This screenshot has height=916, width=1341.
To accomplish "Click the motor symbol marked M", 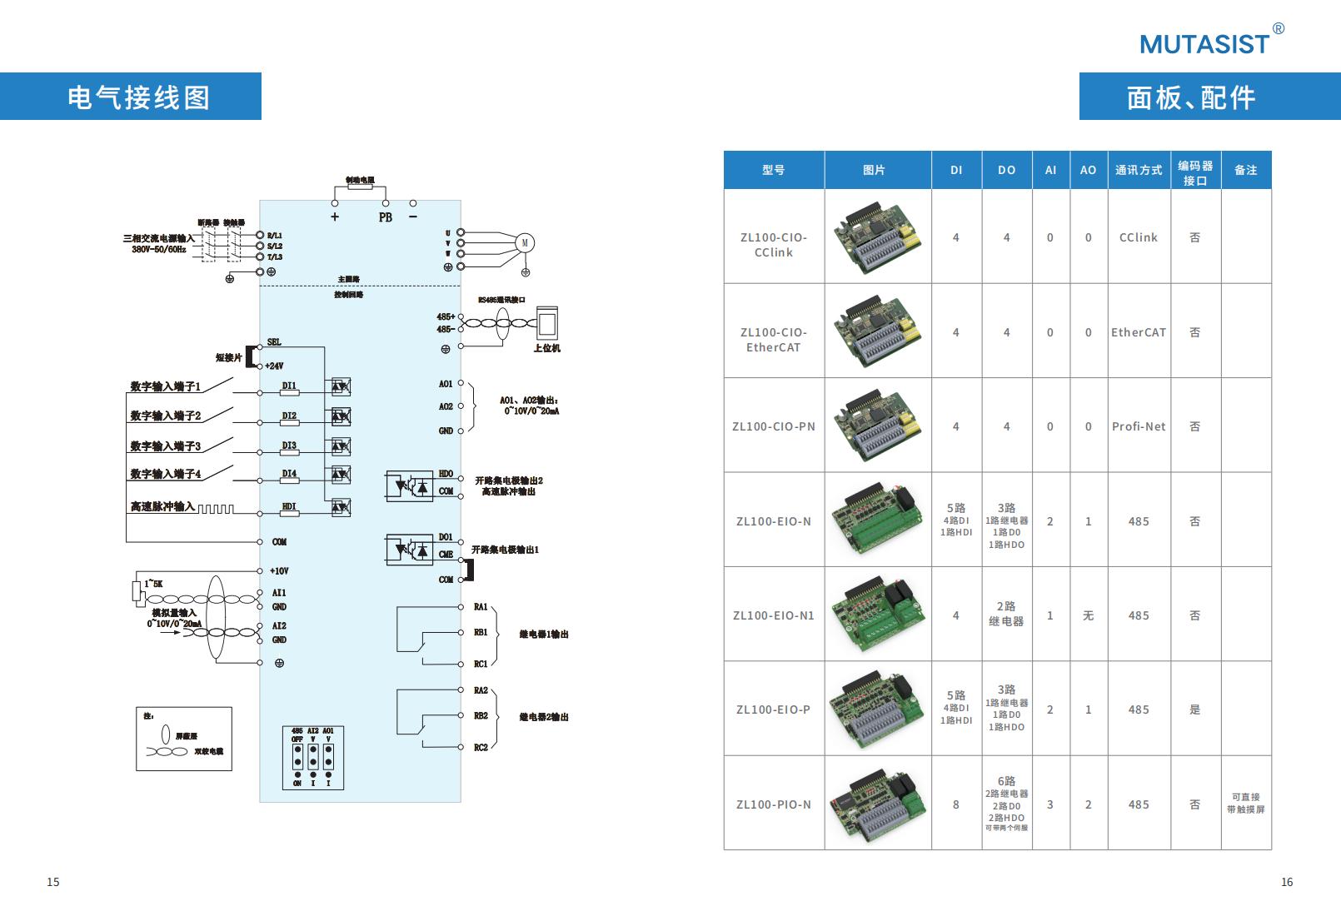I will click(x=525, y=243).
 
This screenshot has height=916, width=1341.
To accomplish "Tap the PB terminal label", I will click(x=386, y=217).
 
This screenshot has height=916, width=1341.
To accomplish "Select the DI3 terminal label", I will click(x=289, y=446).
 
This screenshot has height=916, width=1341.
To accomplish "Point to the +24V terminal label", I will click(x=275, y=366).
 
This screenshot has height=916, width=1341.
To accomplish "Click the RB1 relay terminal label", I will click(x=481, y=632).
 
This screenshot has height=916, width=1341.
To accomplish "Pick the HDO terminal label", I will click(x=446, y=474).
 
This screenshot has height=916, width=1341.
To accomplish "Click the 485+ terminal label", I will click(x=446, y=316).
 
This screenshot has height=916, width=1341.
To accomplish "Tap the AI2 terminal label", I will click(x=279, y=625).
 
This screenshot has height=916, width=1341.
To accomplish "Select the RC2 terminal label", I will click(x=481, y=747).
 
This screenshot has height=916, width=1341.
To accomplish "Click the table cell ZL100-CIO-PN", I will click(x=773, y=426).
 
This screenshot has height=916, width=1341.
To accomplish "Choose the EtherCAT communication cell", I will click(x=1138, y=332).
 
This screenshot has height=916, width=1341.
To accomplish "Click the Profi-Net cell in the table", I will click(x=1138, y=426).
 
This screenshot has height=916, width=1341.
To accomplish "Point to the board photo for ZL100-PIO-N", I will click(x=877, y=804).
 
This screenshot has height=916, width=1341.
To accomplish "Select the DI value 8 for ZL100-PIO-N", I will click(x=955, y=804).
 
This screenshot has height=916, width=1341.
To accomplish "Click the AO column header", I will click(x=1088, y=170).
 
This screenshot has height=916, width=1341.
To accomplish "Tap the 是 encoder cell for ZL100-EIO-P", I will click(x=1194, y=709).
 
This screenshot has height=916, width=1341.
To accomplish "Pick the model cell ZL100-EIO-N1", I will click(x=773, y=615).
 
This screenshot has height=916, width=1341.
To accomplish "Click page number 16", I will click(x=1286, y=882).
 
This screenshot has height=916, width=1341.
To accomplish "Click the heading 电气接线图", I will click(x=138, y=97).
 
